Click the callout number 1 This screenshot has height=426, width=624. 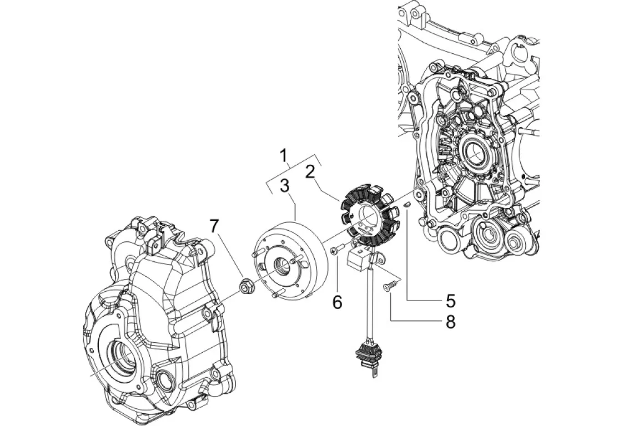[284, 157]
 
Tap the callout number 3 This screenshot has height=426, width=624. [284, 186]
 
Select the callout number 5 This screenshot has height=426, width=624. [450, 301]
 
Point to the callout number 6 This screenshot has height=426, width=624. [338, 302]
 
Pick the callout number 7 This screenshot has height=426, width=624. [214, 227]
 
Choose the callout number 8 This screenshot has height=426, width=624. [450, 321]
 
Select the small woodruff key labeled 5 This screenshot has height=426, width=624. [407, 205]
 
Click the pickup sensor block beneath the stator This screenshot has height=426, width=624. [359, 255]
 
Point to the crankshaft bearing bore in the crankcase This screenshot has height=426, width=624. [475, 154]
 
